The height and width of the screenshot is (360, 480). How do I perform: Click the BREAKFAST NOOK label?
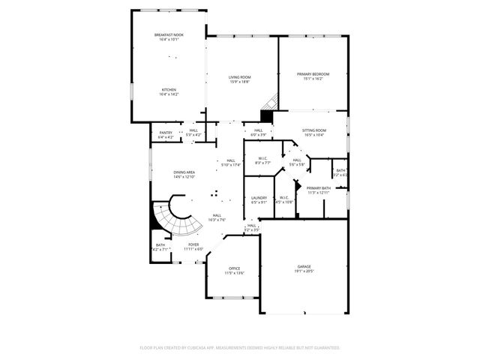point(168,34)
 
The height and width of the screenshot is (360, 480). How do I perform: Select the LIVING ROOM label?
point(239,77)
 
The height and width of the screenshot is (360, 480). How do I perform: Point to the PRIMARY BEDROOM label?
point(313,74)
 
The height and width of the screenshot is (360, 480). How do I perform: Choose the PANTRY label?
point(166,133)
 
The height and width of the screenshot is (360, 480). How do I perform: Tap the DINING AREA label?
point(184,172)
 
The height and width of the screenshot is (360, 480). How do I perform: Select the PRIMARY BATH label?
point(319,187)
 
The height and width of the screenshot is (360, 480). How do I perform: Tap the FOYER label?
point(193,244)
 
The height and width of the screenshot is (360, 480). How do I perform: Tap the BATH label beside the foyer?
point(160,244)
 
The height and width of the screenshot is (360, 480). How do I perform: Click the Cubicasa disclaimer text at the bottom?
point(239,348)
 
